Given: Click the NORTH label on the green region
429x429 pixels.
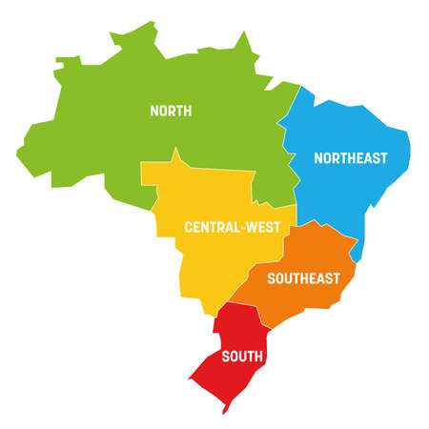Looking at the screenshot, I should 171,112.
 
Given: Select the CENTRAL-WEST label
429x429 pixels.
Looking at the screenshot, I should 233,228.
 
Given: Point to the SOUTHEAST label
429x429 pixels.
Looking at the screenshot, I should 303,278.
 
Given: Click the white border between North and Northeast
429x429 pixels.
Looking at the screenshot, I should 286,143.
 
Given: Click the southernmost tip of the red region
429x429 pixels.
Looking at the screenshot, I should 224,412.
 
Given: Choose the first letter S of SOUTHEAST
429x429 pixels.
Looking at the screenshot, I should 272,278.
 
